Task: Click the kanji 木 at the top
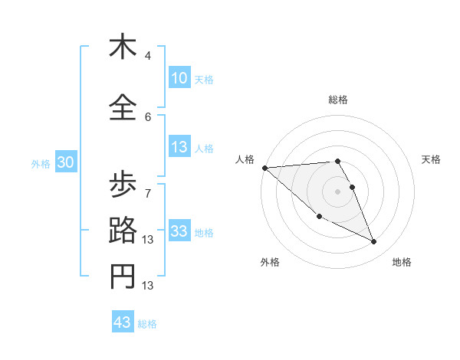123,47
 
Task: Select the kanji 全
123,108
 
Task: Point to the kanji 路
123,231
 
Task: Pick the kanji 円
123,277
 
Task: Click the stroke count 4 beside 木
148,56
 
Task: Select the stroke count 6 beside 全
148,116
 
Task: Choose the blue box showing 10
179,78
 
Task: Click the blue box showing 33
179,231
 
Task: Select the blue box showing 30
65,162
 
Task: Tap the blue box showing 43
123,322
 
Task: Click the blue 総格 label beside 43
147,324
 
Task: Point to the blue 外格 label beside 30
41,164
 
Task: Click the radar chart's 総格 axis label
337,100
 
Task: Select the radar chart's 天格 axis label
432,159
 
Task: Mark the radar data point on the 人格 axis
264,168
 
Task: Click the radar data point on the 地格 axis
374,242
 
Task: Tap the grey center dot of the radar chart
337,191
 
